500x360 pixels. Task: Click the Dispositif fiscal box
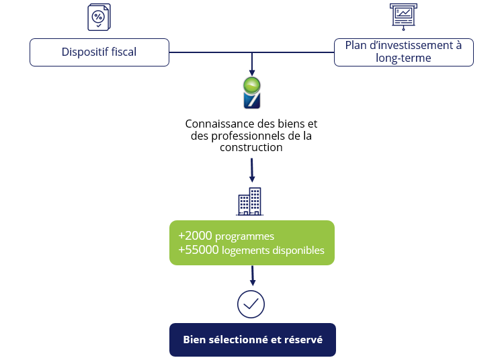click(x=99, y=52)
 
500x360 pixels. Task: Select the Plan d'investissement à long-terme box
click(x=403, y=52)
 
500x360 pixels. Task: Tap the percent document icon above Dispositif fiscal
click(x=99, y=17)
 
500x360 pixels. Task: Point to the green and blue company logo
click(x=251, y=93)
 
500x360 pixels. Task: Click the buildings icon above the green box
click(x=250, y=201)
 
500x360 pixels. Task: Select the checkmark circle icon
click(x=251, y=304)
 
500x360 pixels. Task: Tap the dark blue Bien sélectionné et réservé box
click(x=252, y=340)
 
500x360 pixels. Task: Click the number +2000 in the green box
click(x=195, y=236)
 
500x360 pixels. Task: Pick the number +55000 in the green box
click(x=198, y=251)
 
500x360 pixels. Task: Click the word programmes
click(x=245, y=237)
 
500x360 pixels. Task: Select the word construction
click(x=251, y=147)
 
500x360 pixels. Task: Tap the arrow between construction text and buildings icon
click(x=252, y=171)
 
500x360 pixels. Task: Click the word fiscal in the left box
click(x=122, y=52)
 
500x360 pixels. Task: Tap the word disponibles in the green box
click(x=298, y=251)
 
